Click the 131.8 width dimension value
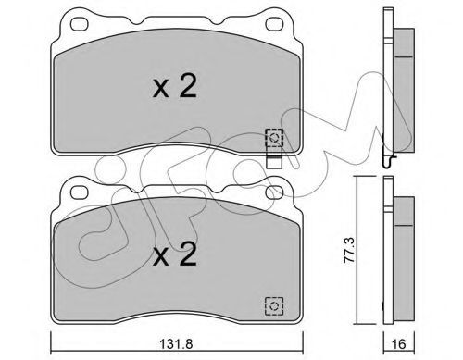177,343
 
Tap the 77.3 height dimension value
350,250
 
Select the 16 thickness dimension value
399,343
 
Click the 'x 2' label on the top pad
174,87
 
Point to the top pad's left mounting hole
80,24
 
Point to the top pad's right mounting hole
274,24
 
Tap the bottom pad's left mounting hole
80,192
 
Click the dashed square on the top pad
274,138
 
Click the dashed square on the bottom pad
274,306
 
